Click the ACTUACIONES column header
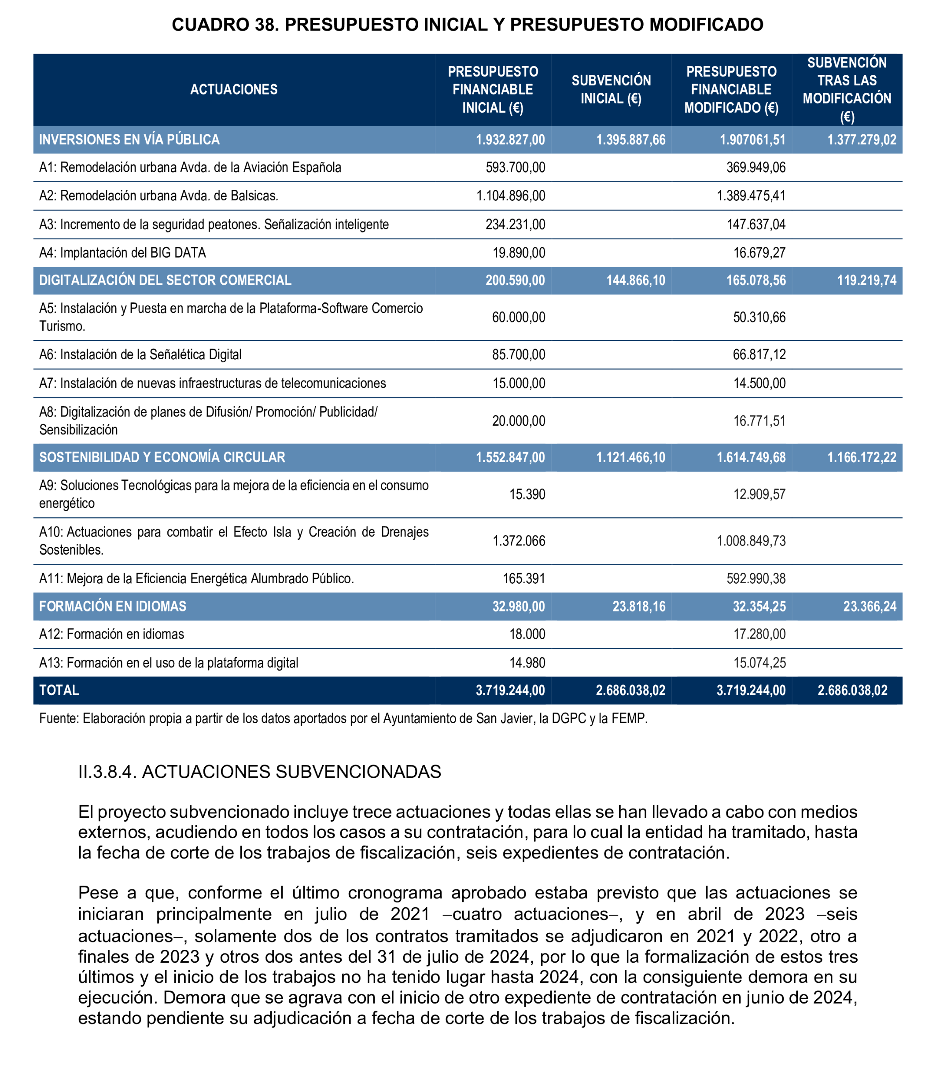click(233, 89)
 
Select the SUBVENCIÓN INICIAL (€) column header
click(611, 89)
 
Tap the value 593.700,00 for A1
click(515, 167)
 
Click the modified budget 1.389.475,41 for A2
click(751, 196)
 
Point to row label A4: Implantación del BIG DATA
click(123, 253)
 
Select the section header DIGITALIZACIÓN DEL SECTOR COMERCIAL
click(165, 280)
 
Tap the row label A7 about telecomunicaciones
click(213, 383)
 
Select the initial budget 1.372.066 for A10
click(518, 541)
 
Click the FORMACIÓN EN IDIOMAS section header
click(113, 607)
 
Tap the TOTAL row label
click(59, 691)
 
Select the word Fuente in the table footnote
click(58, 719)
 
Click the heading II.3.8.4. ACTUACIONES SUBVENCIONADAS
click(260, 772)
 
